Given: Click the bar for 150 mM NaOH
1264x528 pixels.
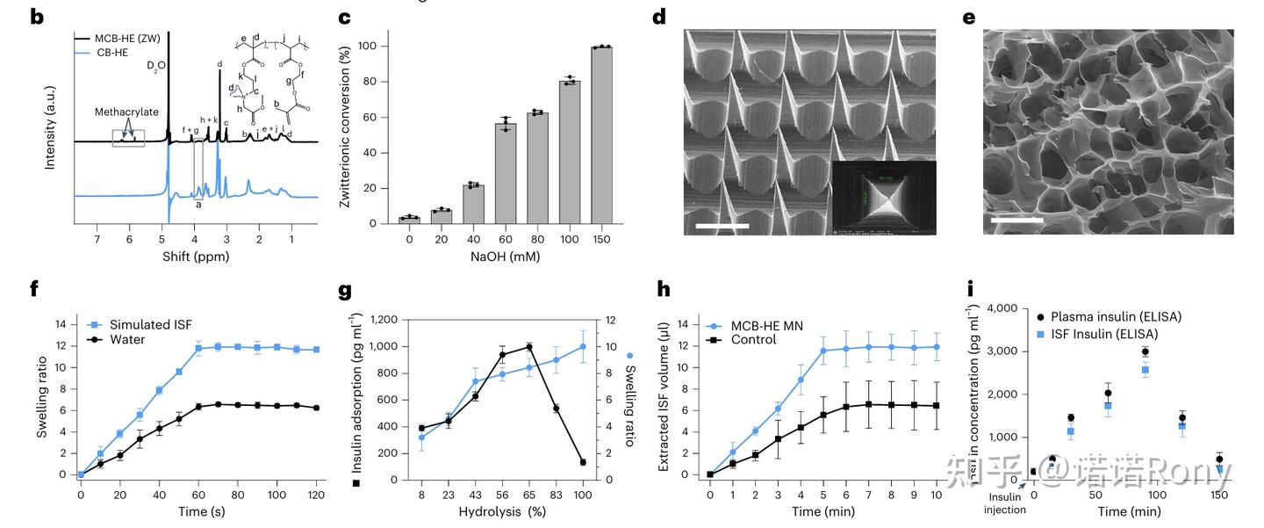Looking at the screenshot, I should point(601,135).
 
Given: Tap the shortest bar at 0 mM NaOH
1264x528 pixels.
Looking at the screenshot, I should point(409,220).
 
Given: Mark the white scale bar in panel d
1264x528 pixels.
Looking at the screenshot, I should point(722,227).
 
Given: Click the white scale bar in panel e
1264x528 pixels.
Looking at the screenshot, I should point(1016,220).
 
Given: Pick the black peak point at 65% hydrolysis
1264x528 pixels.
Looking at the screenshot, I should point(528,347).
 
